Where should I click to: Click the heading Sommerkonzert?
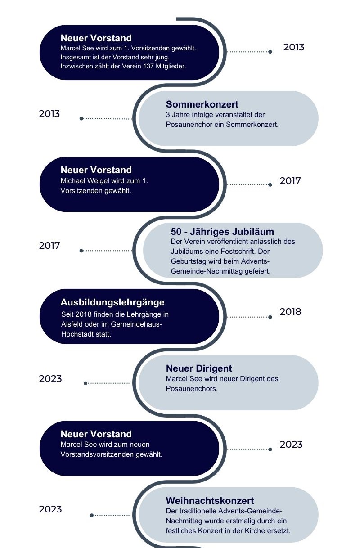202,104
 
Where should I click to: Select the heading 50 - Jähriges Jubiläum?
222,231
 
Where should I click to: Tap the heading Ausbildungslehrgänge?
112,302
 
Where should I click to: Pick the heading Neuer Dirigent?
199,368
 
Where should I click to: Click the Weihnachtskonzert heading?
210,501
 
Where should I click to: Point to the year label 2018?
291,312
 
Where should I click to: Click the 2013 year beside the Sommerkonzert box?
49,114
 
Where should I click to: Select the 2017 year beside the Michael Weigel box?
290,181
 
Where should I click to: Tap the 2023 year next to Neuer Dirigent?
50,379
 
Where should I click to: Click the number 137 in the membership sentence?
148,66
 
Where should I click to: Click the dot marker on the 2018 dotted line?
270,317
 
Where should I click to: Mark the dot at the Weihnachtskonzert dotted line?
92,515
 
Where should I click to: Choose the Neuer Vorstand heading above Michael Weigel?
96,170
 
